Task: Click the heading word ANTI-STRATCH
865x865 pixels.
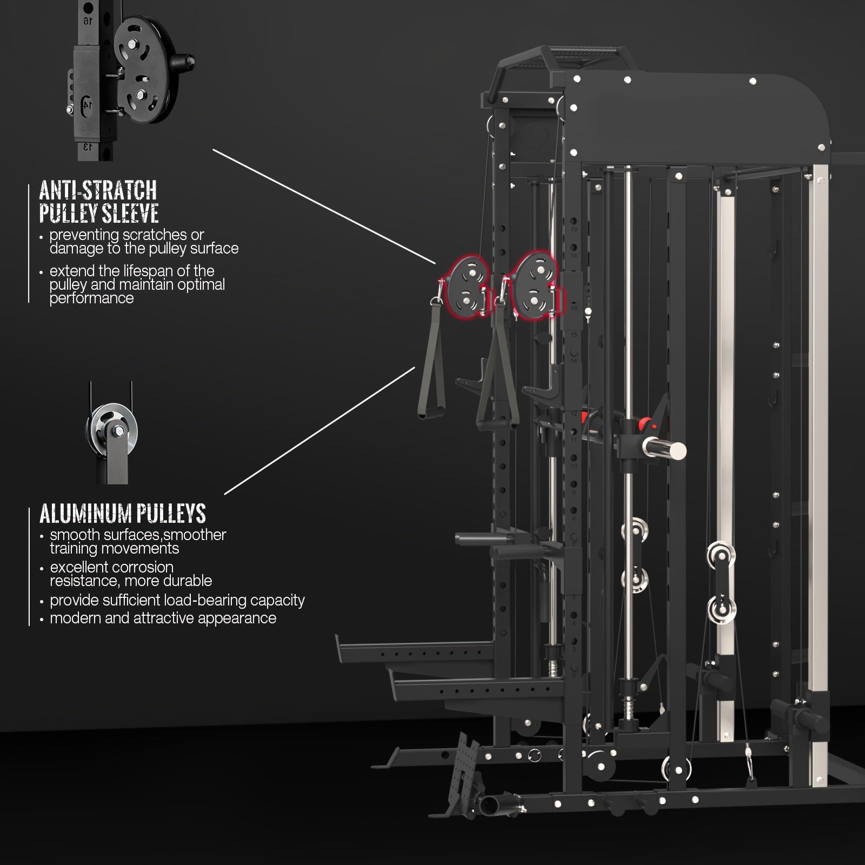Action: [98, 190]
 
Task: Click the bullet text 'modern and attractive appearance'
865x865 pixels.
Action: [163, 618]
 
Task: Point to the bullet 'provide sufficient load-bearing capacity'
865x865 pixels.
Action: [177, 600]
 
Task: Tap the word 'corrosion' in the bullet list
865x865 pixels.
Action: [143, 567]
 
